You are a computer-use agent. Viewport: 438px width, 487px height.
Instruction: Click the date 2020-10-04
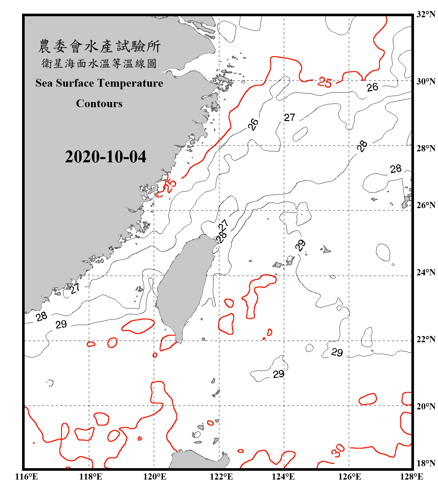105,157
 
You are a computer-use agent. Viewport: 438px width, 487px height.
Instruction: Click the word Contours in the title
99,104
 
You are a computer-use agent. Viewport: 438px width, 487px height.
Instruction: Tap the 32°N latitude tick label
426,14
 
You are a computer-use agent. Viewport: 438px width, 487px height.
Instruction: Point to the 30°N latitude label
426,81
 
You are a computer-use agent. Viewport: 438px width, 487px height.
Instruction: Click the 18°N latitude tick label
426,463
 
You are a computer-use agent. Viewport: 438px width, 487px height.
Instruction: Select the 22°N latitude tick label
426,339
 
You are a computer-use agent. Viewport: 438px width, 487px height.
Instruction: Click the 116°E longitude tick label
27,477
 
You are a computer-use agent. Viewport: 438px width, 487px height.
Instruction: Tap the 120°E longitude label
155,477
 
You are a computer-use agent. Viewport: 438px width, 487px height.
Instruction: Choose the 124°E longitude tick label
283,477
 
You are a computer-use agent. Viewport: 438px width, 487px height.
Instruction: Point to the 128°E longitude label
411,477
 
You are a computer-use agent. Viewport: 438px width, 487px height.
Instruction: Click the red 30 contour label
338,451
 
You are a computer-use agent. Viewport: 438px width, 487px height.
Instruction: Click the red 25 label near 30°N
325,82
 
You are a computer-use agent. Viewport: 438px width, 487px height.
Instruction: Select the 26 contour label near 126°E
372,87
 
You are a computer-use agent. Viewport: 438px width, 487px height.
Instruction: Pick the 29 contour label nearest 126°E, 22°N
337,352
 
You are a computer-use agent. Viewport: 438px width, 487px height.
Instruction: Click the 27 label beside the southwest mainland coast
75,288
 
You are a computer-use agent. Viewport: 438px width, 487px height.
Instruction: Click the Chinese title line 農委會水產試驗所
99,46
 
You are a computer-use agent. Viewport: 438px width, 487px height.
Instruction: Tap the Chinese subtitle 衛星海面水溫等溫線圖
99,63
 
